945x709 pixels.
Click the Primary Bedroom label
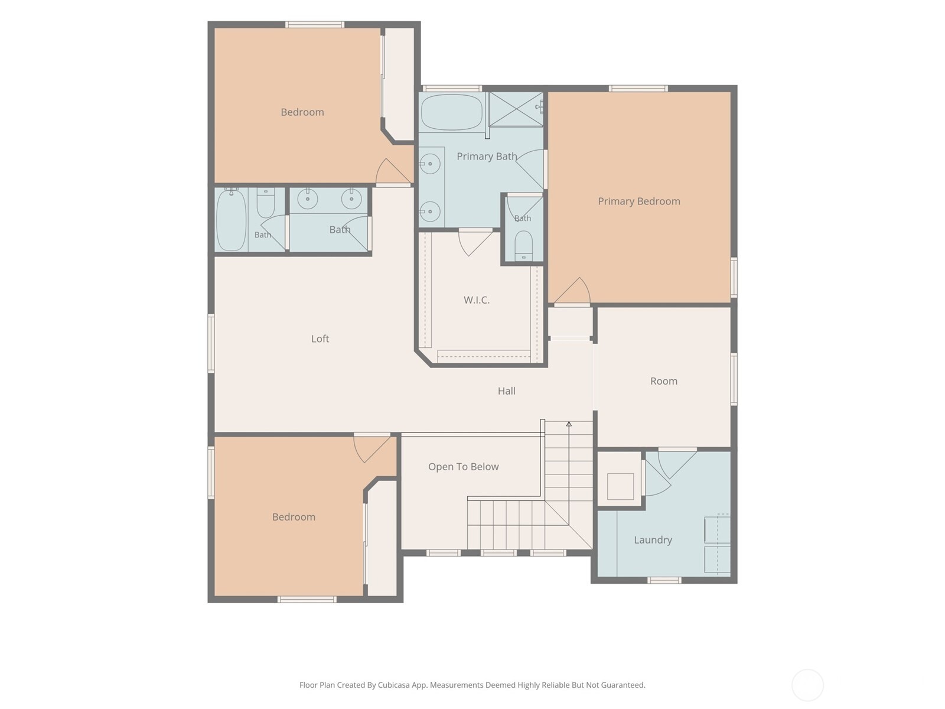click(x=639, y=201)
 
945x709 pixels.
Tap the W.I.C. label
click(x=477, y=300)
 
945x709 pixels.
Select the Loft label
click(x=320, y=339)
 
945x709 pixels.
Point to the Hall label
click(x=506, y=391)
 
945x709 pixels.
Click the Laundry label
click(x=653, y=540)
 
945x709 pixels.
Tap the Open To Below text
click(x=463, y=467)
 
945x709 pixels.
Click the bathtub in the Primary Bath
click(x=452, y=112)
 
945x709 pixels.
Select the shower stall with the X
click(x=516, y=109)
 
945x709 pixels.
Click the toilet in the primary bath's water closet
click(x=523, y=246)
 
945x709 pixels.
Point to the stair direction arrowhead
click(x=569, y=424)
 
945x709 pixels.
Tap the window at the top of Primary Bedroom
click(x=638, y=89)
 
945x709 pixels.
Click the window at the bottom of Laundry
click(x=664, y=580)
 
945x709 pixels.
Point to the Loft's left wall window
click(x=211, y=343)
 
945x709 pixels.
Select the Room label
click(x=663, y=381)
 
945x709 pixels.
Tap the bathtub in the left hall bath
click(x=231, y=220)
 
